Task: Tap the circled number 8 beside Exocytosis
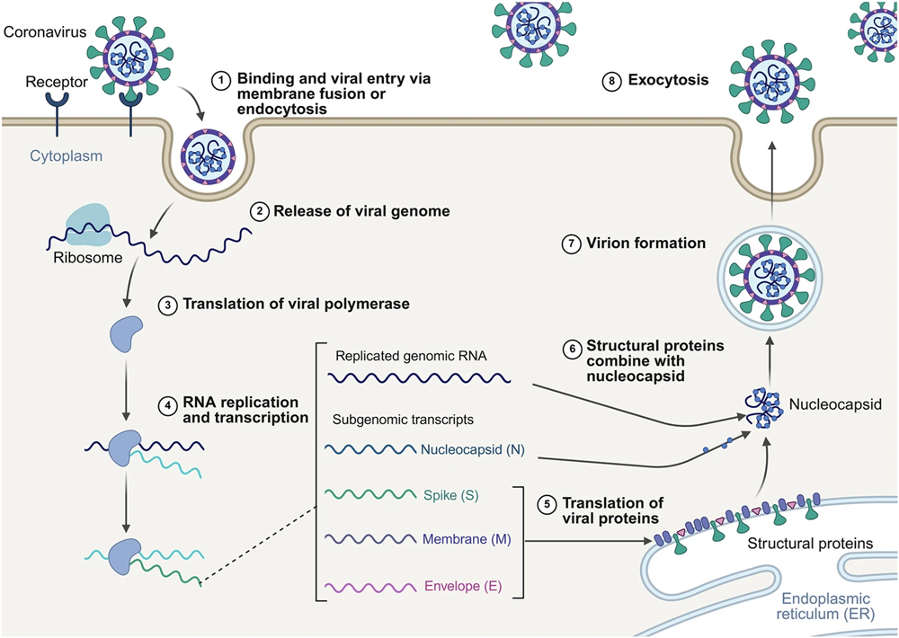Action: [x=611, y=81]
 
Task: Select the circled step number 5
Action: [x=546, y=504]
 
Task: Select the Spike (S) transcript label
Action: [x=448, y=494]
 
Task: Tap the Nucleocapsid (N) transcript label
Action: [x=473, y=449]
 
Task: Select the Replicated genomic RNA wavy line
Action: [x=419, y=378]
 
